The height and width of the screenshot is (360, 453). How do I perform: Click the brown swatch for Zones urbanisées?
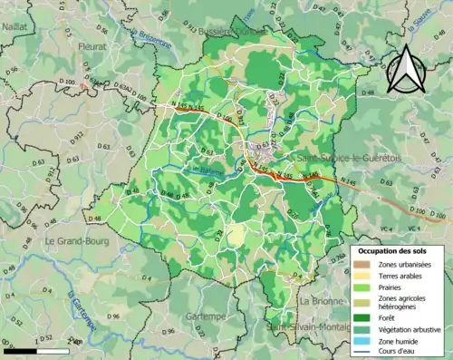pyautogui.click(x=361, y=263)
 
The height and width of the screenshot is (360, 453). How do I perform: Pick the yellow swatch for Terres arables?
pyautogui.click(x=361, y=276)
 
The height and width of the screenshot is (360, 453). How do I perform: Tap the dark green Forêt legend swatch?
pyautogui.click(x=361, y=317)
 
